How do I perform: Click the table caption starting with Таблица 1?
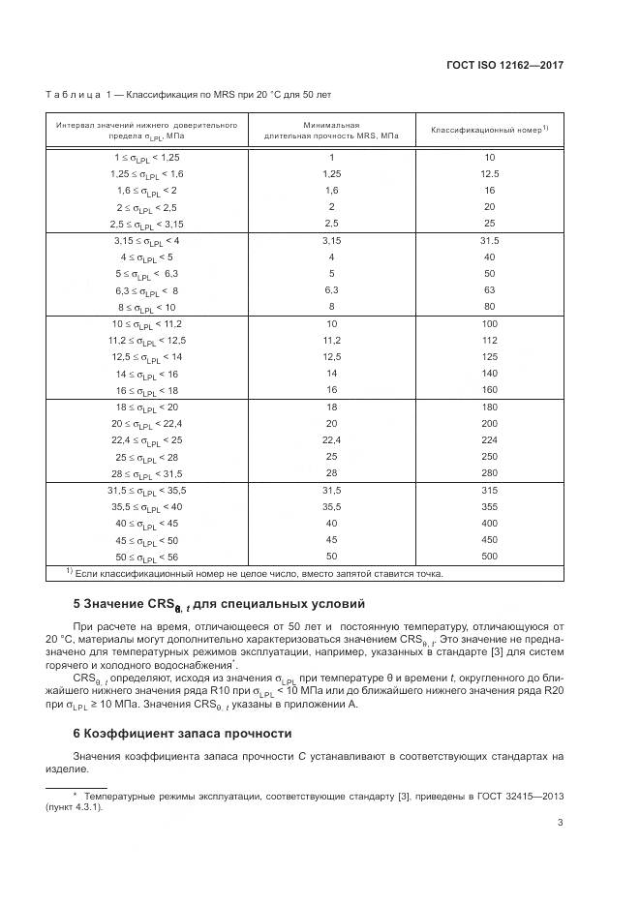[x=188, y=95]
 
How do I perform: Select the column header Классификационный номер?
[x=489, y=129]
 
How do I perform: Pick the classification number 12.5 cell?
[x=489, y=173]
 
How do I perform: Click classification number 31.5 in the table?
[x=489, y=240]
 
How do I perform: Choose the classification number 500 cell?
[x=489, y=557]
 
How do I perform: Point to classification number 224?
[x=489, y=440]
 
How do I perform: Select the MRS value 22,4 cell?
[x=331, y=440]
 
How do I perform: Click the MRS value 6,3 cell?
[x=331, y=290]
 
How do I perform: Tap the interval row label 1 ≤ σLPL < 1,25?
[x=147, y=157]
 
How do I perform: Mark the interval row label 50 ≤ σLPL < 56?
[x=147, y=557]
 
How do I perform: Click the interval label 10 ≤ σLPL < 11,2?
[x=147, y=323]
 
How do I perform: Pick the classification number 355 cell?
[x=489, y=507]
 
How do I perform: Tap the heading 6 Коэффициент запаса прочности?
[x=183, y=734]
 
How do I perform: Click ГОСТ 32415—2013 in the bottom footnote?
[x=521, y=795]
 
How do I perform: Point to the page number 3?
[x=561, y=824]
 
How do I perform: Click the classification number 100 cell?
[x=489, y=323]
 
